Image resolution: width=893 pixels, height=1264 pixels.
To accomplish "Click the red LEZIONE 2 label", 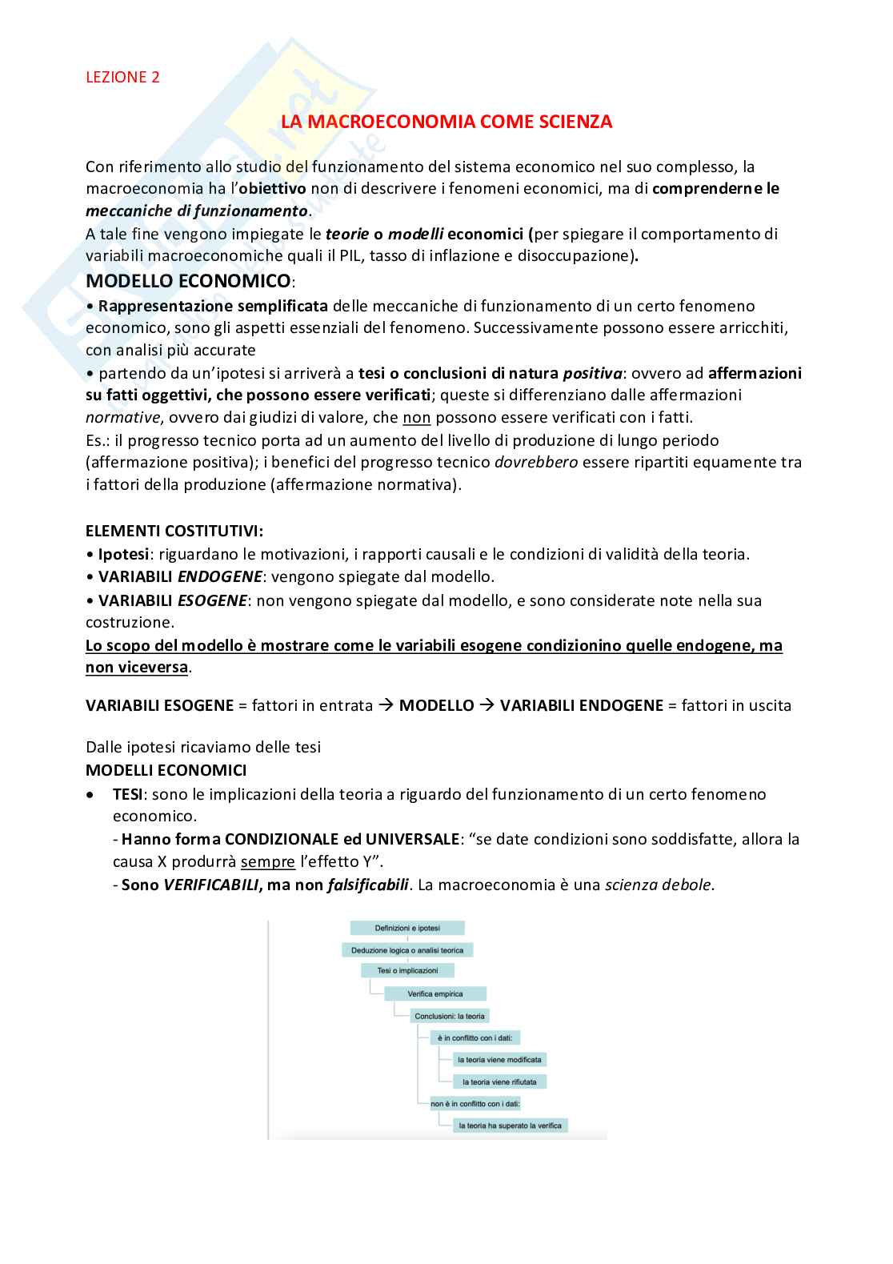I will (122, 77).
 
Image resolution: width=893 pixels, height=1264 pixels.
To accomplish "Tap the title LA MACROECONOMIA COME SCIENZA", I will (446, 122).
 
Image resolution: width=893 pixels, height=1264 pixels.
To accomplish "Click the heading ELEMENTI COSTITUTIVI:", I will (174, 531).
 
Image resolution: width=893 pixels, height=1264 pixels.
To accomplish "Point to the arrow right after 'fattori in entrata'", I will (386, 705).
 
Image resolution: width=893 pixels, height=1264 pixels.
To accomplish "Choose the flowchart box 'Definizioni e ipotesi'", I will (407, 928).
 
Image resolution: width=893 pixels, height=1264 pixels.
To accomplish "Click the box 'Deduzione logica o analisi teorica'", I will (408, 950).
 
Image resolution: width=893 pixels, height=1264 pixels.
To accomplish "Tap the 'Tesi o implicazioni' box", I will (408, 970).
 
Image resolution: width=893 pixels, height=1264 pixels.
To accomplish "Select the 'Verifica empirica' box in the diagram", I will (435, 993).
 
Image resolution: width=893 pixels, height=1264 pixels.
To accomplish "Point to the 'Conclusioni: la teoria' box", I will (449, 1016).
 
